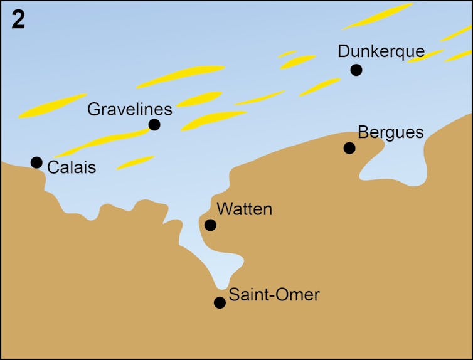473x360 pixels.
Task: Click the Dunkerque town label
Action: (381, 51)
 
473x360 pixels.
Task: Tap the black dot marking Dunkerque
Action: (356, 70)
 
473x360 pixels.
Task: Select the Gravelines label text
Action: (129, 109)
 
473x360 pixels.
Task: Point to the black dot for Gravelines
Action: (154, 125)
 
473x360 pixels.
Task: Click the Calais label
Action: (72, 167)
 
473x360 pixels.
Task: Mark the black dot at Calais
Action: (36, 162)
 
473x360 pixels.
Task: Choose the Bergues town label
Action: (390, 132)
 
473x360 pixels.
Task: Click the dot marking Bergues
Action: (349, 148)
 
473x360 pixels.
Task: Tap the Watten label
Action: (244, 209)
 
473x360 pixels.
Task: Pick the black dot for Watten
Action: (210, 225)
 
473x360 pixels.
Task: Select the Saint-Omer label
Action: (274, 294)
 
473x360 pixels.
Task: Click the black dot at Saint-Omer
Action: (220, 302)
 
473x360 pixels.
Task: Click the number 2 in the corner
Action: (18, 20)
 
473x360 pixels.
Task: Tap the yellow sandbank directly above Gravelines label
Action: (181, 76)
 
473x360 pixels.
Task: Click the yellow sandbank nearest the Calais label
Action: (135, 163)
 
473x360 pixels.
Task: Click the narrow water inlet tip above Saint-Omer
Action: (221, 282)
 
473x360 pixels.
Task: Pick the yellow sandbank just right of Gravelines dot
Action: (213, 119)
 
